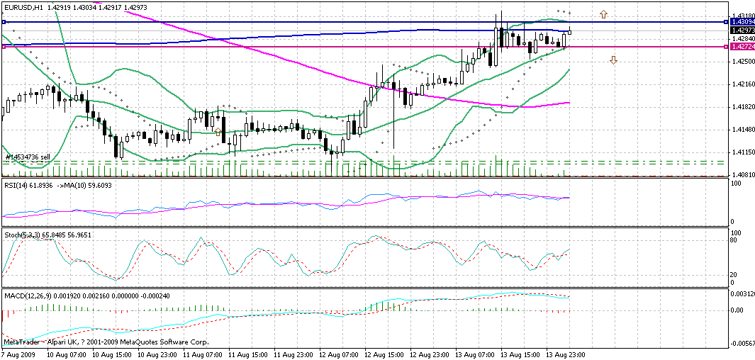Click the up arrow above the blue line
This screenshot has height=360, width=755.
click(x=603, y=13)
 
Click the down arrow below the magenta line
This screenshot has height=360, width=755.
click(x=613, y=61)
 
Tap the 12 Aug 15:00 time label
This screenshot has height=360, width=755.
click(x=386, y=354)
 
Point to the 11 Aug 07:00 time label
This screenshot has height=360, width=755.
click(x=204, y=354)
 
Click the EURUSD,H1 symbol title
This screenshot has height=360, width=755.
click(x=24, y=6)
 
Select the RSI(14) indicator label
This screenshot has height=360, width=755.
click(x=18, y=185)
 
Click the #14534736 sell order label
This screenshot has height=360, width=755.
click(x=28, y=157)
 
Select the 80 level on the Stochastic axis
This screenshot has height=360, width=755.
click(x=735, y=240)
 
